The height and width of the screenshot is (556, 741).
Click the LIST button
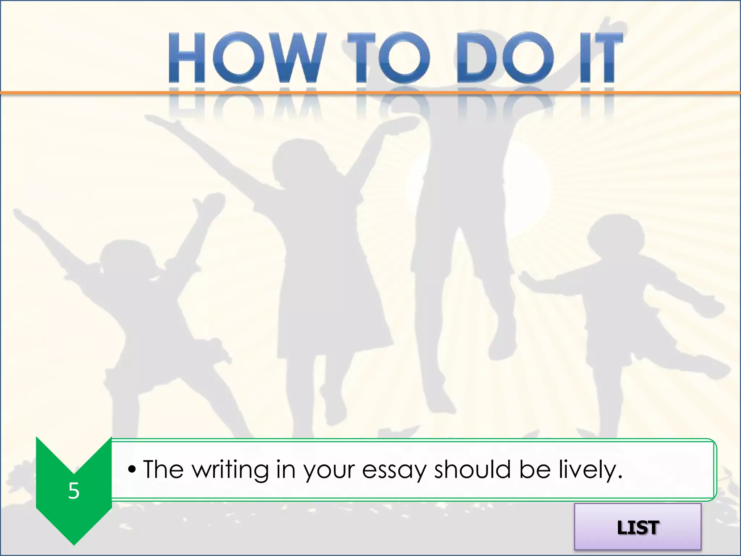[x=638, y=527]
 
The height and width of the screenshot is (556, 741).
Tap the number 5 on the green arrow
[x=74, y=491]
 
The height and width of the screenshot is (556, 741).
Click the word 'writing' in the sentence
[x=230, y=470]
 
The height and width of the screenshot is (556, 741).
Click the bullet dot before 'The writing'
[x=132, y=470]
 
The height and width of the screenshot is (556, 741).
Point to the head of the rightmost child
[x=615, y=235]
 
